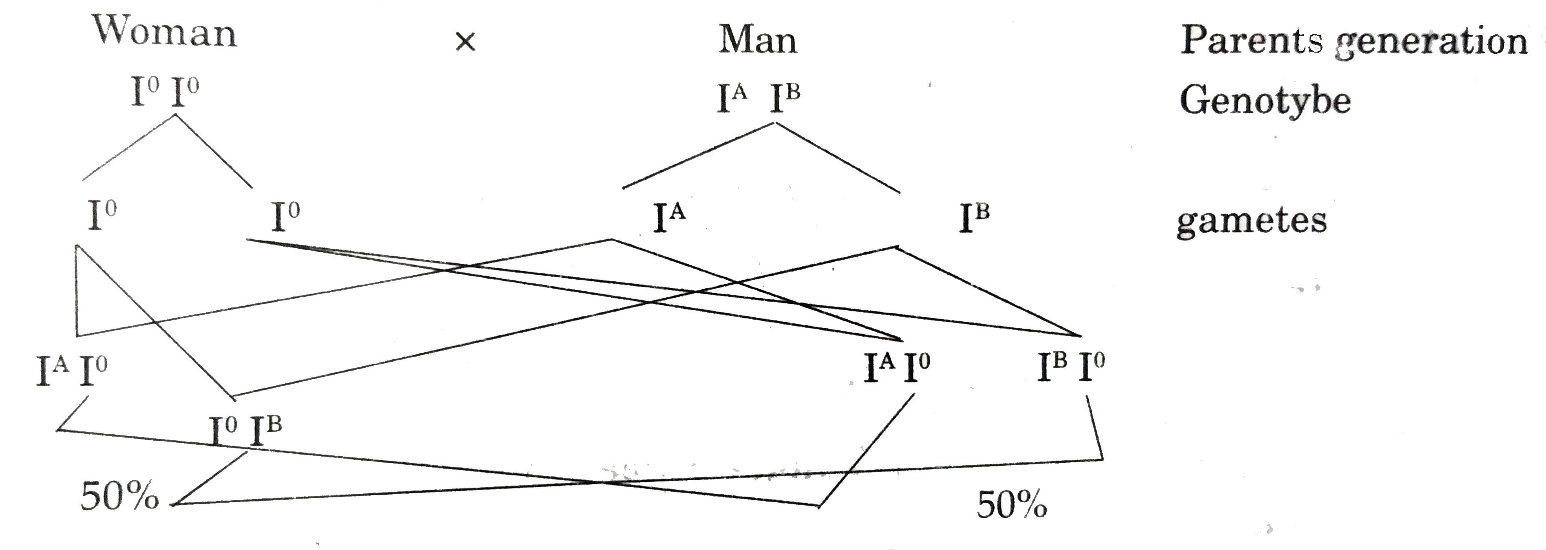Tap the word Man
[x=758, y=40]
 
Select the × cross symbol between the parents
[x=466, y=42]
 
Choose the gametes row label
[x=1251, y=221]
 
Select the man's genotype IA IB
[x=759, y=98]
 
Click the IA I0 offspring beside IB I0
[x=897, y=368]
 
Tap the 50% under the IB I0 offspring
[x=1012, y=505]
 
